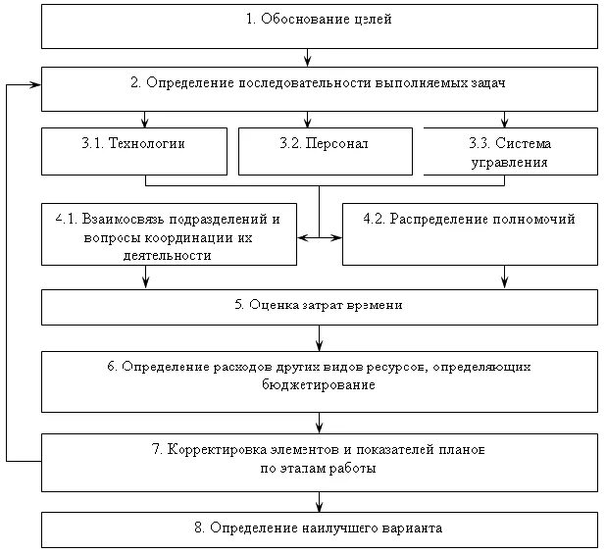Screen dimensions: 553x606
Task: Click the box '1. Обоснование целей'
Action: (319, 25)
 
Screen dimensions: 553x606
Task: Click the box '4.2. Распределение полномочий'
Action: (469, 233)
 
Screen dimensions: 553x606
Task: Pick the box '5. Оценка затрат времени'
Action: (319, 306)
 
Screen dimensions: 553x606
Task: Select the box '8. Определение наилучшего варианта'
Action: (319, 528)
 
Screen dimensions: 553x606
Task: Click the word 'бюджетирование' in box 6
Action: (320, 386)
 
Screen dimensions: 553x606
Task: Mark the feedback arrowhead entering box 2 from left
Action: (35, 85)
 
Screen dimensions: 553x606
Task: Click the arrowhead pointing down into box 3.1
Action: (145, 123)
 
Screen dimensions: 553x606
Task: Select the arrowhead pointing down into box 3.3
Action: (504, 123)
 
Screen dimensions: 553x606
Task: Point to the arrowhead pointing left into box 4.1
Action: (303, 236)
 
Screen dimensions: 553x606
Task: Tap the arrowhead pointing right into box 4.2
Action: (335, 236)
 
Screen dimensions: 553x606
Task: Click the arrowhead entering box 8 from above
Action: (319, 506)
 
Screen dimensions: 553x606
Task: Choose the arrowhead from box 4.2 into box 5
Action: (504, 283)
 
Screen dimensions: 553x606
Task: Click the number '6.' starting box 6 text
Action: (112, 367)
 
